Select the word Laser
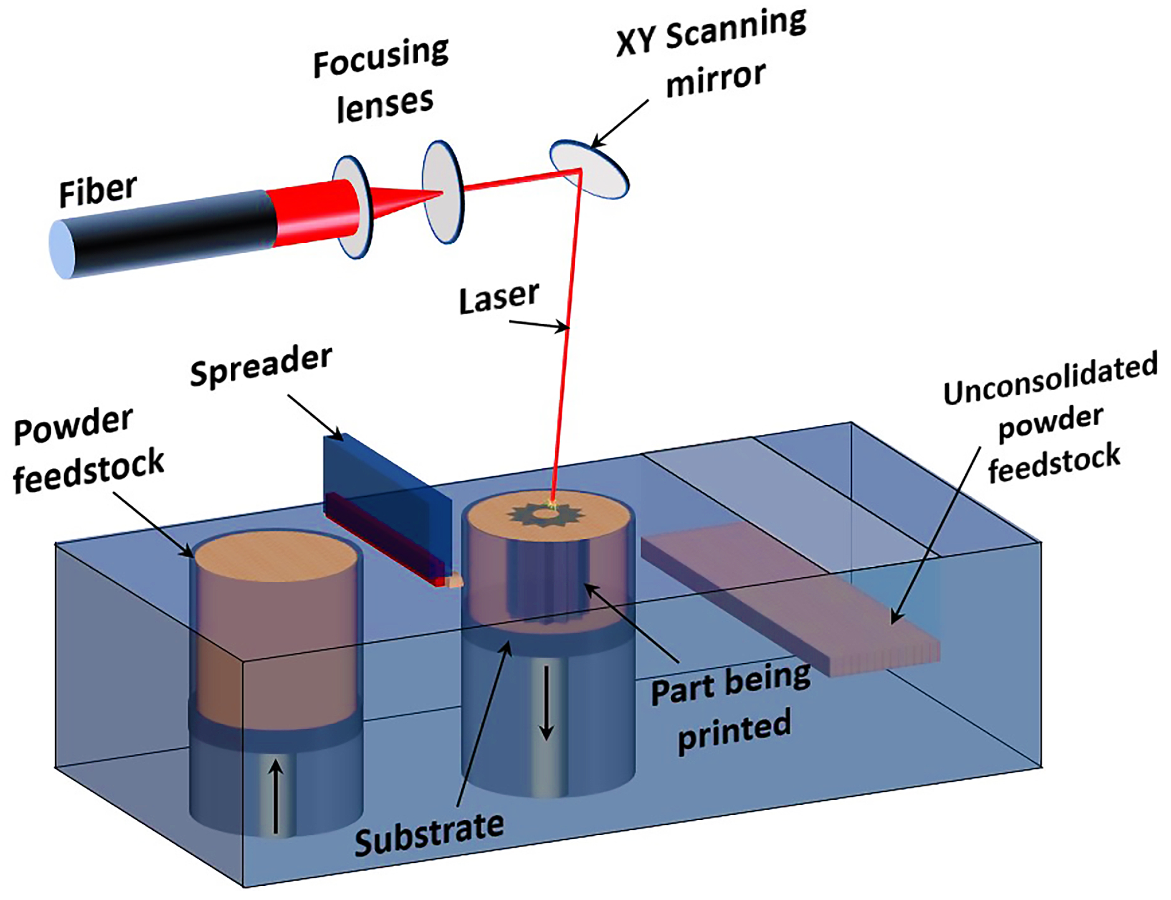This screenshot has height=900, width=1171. click(499, 297)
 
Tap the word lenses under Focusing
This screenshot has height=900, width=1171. click(385, 105)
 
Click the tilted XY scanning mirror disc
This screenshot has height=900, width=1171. click(589, 169)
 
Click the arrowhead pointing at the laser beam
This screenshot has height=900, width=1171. click(563, 328)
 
